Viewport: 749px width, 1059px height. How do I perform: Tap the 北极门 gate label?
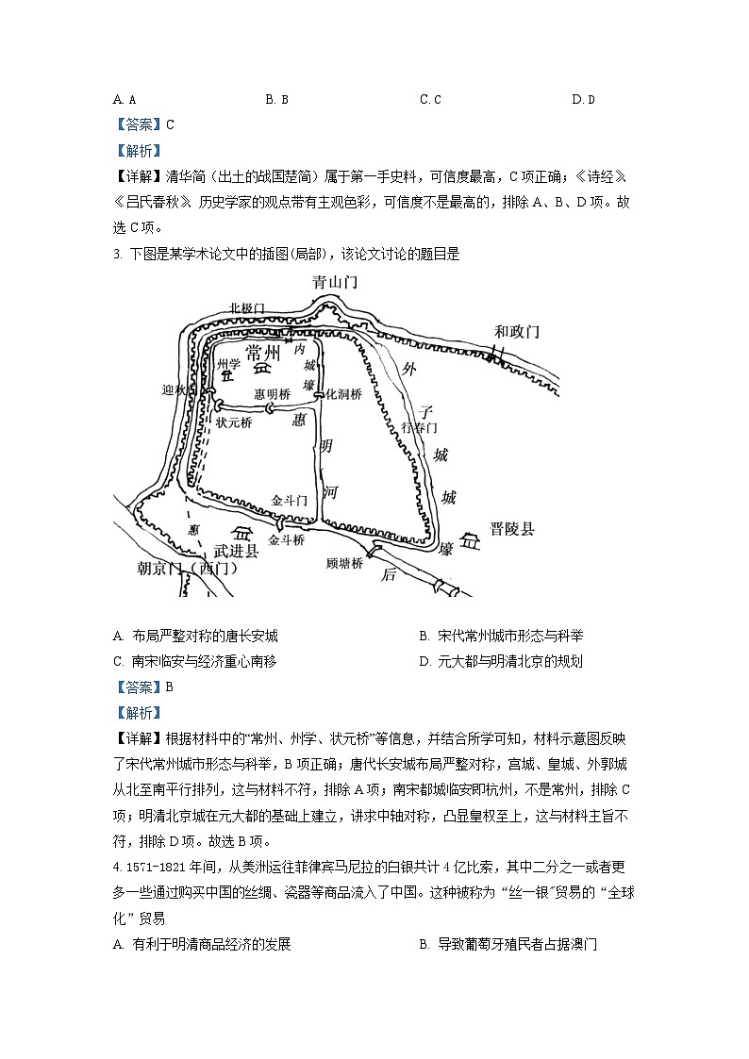tap(247, 308)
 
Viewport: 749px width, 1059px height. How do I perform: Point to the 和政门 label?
tap(517, 331)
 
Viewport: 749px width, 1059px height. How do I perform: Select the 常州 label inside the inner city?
tap(263, 353)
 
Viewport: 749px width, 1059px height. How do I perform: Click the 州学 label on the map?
tap(228, 363)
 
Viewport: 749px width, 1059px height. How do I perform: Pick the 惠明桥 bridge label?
tap(273, 394)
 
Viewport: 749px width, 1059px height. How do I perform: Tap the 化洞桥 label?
tap(343, 394)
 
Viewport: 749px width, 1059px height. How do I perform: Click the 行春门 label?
tap(419, 427)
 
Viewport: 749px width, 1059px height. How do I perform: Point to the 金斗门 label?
tap(289, 500)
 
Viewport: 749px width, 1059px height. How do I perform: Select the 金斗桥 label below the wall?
tap(287, 540)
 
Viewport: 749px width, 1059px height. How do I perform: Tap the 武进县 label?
tap(236, 552)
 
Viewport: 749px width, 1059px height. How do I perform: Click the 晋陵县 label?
tap(511, 529)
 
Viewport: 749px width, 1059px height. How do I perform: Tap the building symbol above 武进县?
tap(242, 533)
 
